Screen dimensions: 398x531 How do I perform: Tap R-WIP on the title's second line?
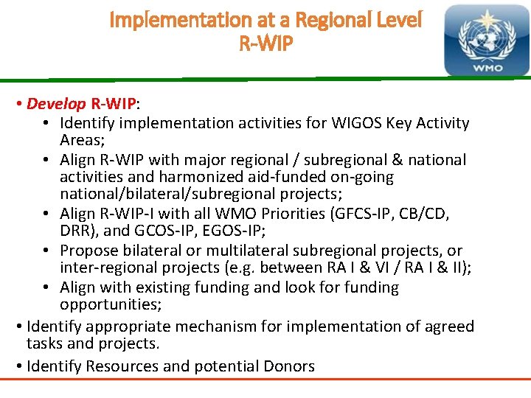tap(265, 44)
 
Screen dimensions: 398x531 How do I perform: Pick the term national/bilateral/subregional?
tap(172, 195)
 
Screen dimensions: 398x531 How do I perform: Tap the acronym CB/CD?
tap(431, 214)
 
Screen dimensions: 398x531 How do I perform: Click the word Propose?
tap(89, 251)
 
